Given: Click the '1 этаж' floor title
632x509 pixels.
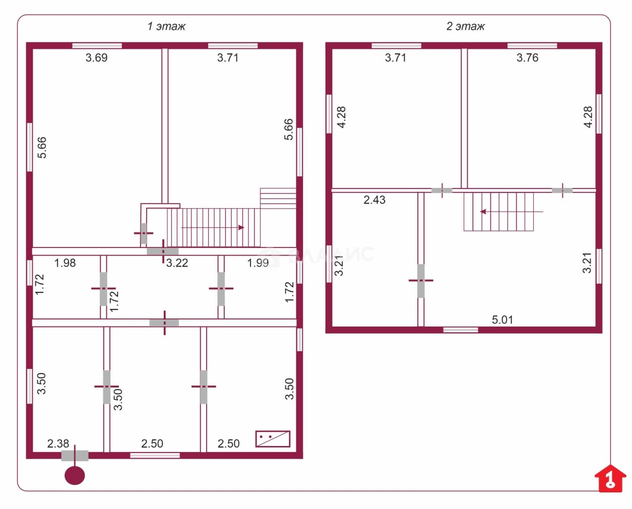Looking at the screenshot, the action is pyautogui.click(x=166, y=26).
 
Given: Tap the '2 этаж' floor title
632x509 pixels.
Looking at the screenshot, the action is pyautogui.click(x=466, y=26).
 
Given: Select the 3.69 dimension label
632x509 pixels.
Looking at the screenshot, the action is pyautogui.click(x=97, y=57).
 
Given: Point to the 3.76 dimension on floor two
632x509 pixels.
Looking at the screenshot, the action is pyautogui.click(x=528, y=57).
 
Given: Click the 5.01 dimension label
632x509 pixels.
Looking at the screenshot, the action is pyautogui.click(x=502, y=320).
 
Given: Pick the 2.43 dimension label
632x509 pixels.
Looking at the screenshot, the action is pyautogui.click(x=374, y=200).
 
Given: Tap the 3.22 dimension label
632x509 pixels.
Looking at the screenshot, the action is pyautogui.click(x=177, y=263).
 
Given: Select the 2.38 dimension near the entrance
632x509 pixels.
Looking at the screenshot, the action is pyautogui.click(x=58, y=443).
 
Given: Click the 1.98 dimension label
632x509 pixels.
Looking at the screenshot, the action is pyautogui.click(x=65, y=263).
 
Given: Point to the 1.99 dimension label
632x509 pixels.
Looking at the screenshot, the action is pyautogui.click(x=258, y=263).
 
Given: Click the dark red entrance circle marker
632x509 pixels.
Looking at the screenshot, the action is pyautogui.click(x=75, y=476).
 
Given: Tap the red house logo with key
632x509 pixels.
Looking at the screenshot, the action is pyautogui.click(x=610, y=478).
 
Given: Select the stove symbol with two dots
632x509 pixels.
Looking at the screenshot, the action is pyautogui.click(x=273, y=439).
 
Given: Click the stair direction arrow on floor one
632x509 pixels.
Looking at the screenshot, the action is pyautogui.click(x=212, y=228).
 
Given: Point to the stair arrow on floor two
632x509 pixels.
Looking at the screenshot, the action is pyautogui.click(x=512, y=212).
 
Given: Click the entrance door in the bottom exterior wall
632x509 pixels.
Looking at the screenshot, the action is pyautogui.click(x=75, y=456).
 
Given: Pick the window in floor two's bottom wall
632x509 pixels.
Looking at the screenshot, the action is pyautogui.click(x=461, y=330).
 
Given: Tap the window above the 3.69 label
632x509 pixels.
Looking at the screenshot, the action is pyautogui.click(x=97, y=45).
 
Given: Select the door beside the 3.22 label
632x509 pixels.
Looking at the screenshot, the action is pyautogui.click(x=163, y=251).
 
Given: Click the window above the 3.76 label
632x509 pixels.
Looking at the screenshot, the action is pyautogui.click(x=532, y=45).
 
